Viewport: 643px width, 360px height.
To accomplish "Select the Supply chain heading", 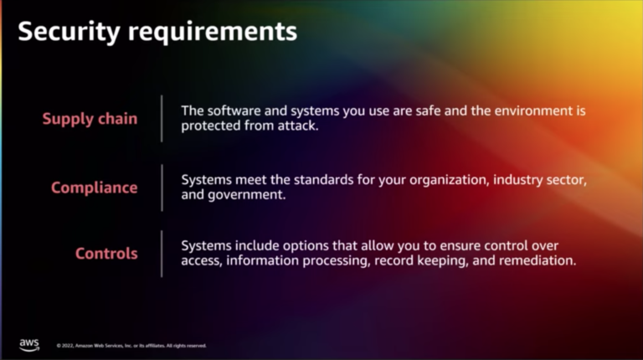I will pyautogui.click(x=90, y=118).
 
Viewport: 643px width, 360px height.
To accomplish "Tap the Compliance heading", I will pyautogui.click(x=94, y=188).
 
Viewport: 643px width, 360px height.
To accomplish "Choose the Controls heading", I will pyautogui.click(x=106, y=254).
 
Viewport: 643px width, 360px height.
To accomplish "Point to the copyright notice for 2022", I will pyautogui.click(x=131, y=345).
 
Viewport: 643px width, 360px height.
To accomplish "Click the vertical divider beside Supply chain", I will pyautogui.click(x=162, y=118).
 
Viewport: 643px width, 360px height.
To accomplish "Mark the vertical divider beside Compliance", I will pyautogui.click(x=162, y=188).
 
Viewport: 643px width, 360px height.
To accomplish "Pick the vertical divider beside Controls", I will pyautogui.click(x=162, y=254).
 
